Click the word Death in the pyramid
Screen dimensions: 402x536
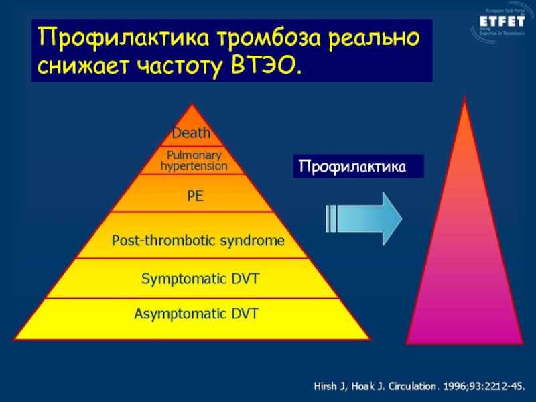point(192,133)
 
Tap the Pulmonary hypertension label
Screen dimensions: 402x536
point(194,160)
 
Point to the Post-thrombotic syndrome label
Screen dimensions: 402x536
point(198,240)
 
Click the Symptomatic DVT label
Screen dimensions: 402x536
point(200,278)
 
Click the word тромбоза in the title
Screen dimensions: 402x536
point(268,38)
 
